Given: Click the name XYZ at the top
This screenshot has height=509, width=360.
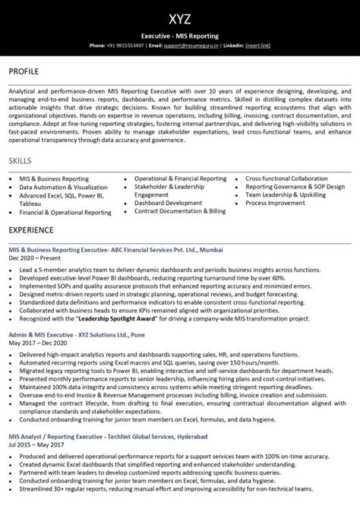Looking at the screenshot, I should (180, 17).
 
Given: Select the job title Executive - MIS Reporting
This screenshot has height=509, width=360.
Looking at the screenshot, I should (180, 36).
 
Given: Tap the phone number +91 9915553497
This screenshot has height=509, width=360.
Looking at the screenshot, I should (125, 46).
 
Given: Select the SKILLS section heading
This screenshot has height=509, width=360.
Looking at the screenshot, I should (21, 162).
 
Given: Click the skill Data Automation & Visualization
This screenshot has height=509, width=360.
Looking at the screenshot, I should (64, 187).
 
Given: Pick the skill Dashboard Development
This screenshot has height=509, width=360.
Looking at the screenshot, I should (168, 203).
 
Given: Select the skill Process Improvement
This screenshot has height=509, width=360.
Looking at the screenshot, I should (276, 203).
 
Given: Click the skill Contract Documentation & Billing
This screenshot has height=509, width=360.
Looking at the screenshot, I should (180, 211).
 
